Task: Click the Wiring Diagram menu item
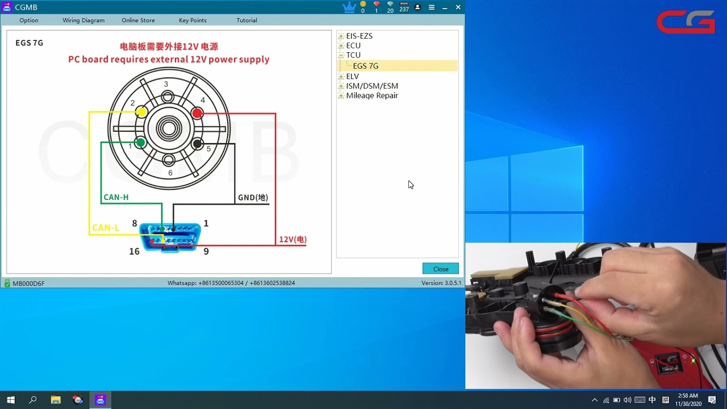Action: click(83, 20)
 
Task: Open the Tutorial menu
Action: click(246, 20)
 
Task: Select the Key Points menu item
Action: click(193, 20)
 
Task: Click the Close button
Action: click(440, 269)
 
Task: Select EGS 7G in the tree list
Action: click(365, 66)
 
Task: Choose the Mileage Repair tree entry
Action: click(372, 95)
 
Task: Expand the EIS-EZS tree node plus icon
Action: click(341, 36)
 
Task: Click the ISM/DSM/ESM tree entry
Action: click(372, 86)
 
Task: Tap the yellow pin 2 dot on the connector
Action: click(141, 112)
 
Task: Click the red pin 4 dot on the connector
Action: click(197, 113)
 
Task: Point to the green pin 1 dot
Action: click(141, 142)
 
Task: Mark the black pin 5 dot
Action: click(197, 144)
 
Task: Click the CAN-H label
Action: click(116, 197)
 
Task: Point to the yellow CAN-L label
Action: click(106, 228)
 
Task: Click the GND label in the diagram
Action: click(253, 197)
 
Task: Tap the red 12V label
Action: click(293, 239)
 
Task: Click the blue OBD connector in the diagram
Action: click(170, 237)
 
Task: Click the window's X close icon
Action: click(458, 7)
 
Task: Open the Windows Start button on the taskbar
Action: click(11, 399)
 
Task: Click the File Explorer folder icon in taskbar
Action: click(56, 399)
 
